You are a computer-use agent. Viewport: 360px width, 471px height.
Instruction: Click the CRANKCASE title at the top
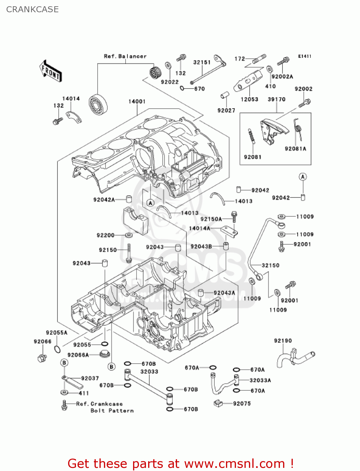click(32, 9)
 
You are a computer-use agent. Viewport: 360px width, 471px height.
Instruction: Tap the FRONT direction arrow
click(50, 71)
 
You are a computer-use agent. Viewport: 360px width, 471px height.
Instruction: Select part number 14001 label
click(137, 101)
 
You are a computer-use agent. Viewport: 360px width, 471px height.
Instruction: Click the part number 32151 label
click(202, 62)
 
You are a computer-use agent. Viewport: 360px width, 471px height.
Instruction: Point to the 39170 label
click(277, 99)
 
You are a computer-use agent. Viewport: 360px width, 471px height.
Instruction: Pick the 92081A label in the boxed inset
click(295, 149)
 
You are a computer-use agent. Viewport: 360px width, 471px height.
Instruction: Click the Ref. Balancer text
click(125, 56)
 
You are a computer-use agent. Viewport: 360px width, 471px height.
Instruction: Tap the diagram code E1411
click(304, 56)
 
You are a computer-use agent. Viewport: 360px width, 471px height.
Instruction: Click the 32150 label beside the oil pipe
click(270, 265)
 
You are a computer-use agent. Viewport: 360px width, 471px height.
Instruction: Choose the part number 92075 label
click(242, 403)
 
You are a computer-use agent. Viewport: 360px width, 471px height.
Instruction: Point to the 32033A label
click(260, 380)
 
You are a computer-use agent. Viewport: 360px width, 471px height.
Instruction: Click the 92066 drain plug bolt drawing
click(42, 358)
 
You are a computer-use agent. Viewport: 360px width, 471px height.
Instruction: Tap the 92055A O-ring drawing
click(57, 349)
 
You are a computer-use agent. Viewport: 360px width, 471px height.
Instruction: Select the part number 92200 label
click(105, 235)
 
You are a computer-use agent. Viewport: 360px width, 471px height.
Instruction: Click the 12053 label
click(249, 99)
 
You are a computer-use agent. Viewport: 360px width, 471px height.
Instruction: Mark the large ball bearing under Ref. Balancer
click(98, 104)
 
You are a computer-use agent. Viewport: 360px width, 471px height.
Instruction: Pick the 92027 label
click(226, 110)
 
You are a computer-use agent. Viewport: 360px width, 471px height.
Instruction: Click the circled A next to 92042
click(303, 177)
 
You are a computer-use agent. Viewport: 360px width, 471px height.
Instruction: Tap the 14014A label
click(199, 228)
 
